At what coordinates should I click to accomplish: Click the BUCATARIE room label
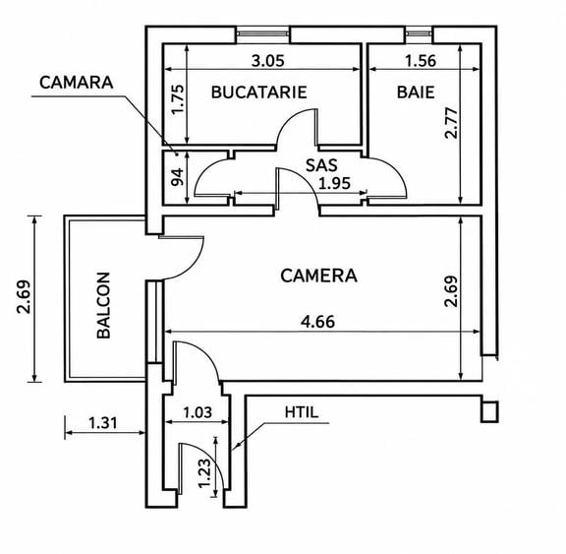(x=258, y=92)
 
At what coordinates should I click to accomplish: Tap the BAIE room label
(x=416, y=92)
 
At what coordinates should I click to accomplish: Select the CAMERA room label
(x=318, y=276)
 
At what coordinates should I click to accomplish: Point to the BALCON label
(x=103, y=305)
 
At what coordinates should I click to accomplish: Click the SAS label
(x=321, y=165)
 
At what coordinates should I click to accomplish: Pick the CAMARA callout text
(x=77, y=83)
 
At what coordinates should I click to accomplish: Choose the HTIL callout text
(x=302, y=412)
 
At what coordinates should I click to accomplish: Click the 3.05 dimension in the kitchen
(x=268, y=61)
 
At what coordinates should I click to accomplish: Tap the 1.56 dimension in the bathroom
(x=421, y=61)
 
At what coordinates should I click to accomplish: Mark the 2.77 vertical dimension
(x=451, y=123)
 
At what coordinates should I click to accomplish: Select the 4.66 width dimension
(x=317, y=322)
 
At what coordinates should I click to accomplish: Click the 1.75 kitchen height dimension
(x=178, y=99)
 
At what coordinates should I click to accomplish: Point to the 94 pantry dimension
(x=178, y=176)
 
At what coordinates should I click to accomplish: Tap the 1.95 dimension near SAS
(x=335, y=184)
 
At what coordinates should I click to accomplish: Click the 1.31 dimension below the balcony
(x=103, y=422)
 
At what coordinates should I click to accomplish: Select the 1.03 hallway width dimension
(x=198, y=412)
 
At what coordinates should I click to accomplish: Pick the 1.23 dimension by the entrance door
(x=204, y=473)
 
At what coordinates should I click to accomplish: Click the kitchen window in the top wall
(x=263, y=33)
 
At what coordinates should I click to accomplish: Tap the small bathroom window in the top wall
(x=419, y=33)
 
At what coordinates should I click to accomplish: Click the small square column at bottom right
(x=489, y=411)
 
